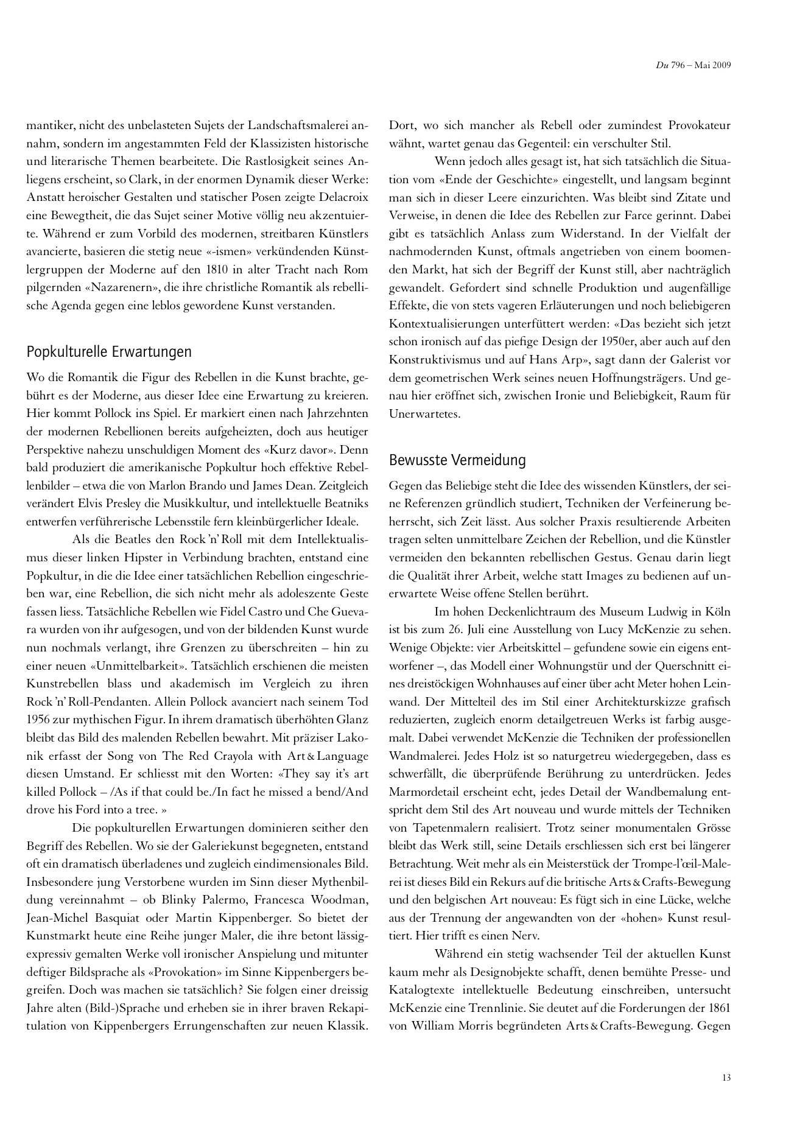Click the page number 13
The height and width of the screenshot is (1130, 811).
coord(726,1077)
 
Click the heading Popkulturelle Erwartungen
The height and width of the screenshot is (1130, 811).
coord(109,352)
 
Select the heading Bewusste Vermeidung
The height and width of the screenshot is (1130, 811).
coord(457,460)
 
